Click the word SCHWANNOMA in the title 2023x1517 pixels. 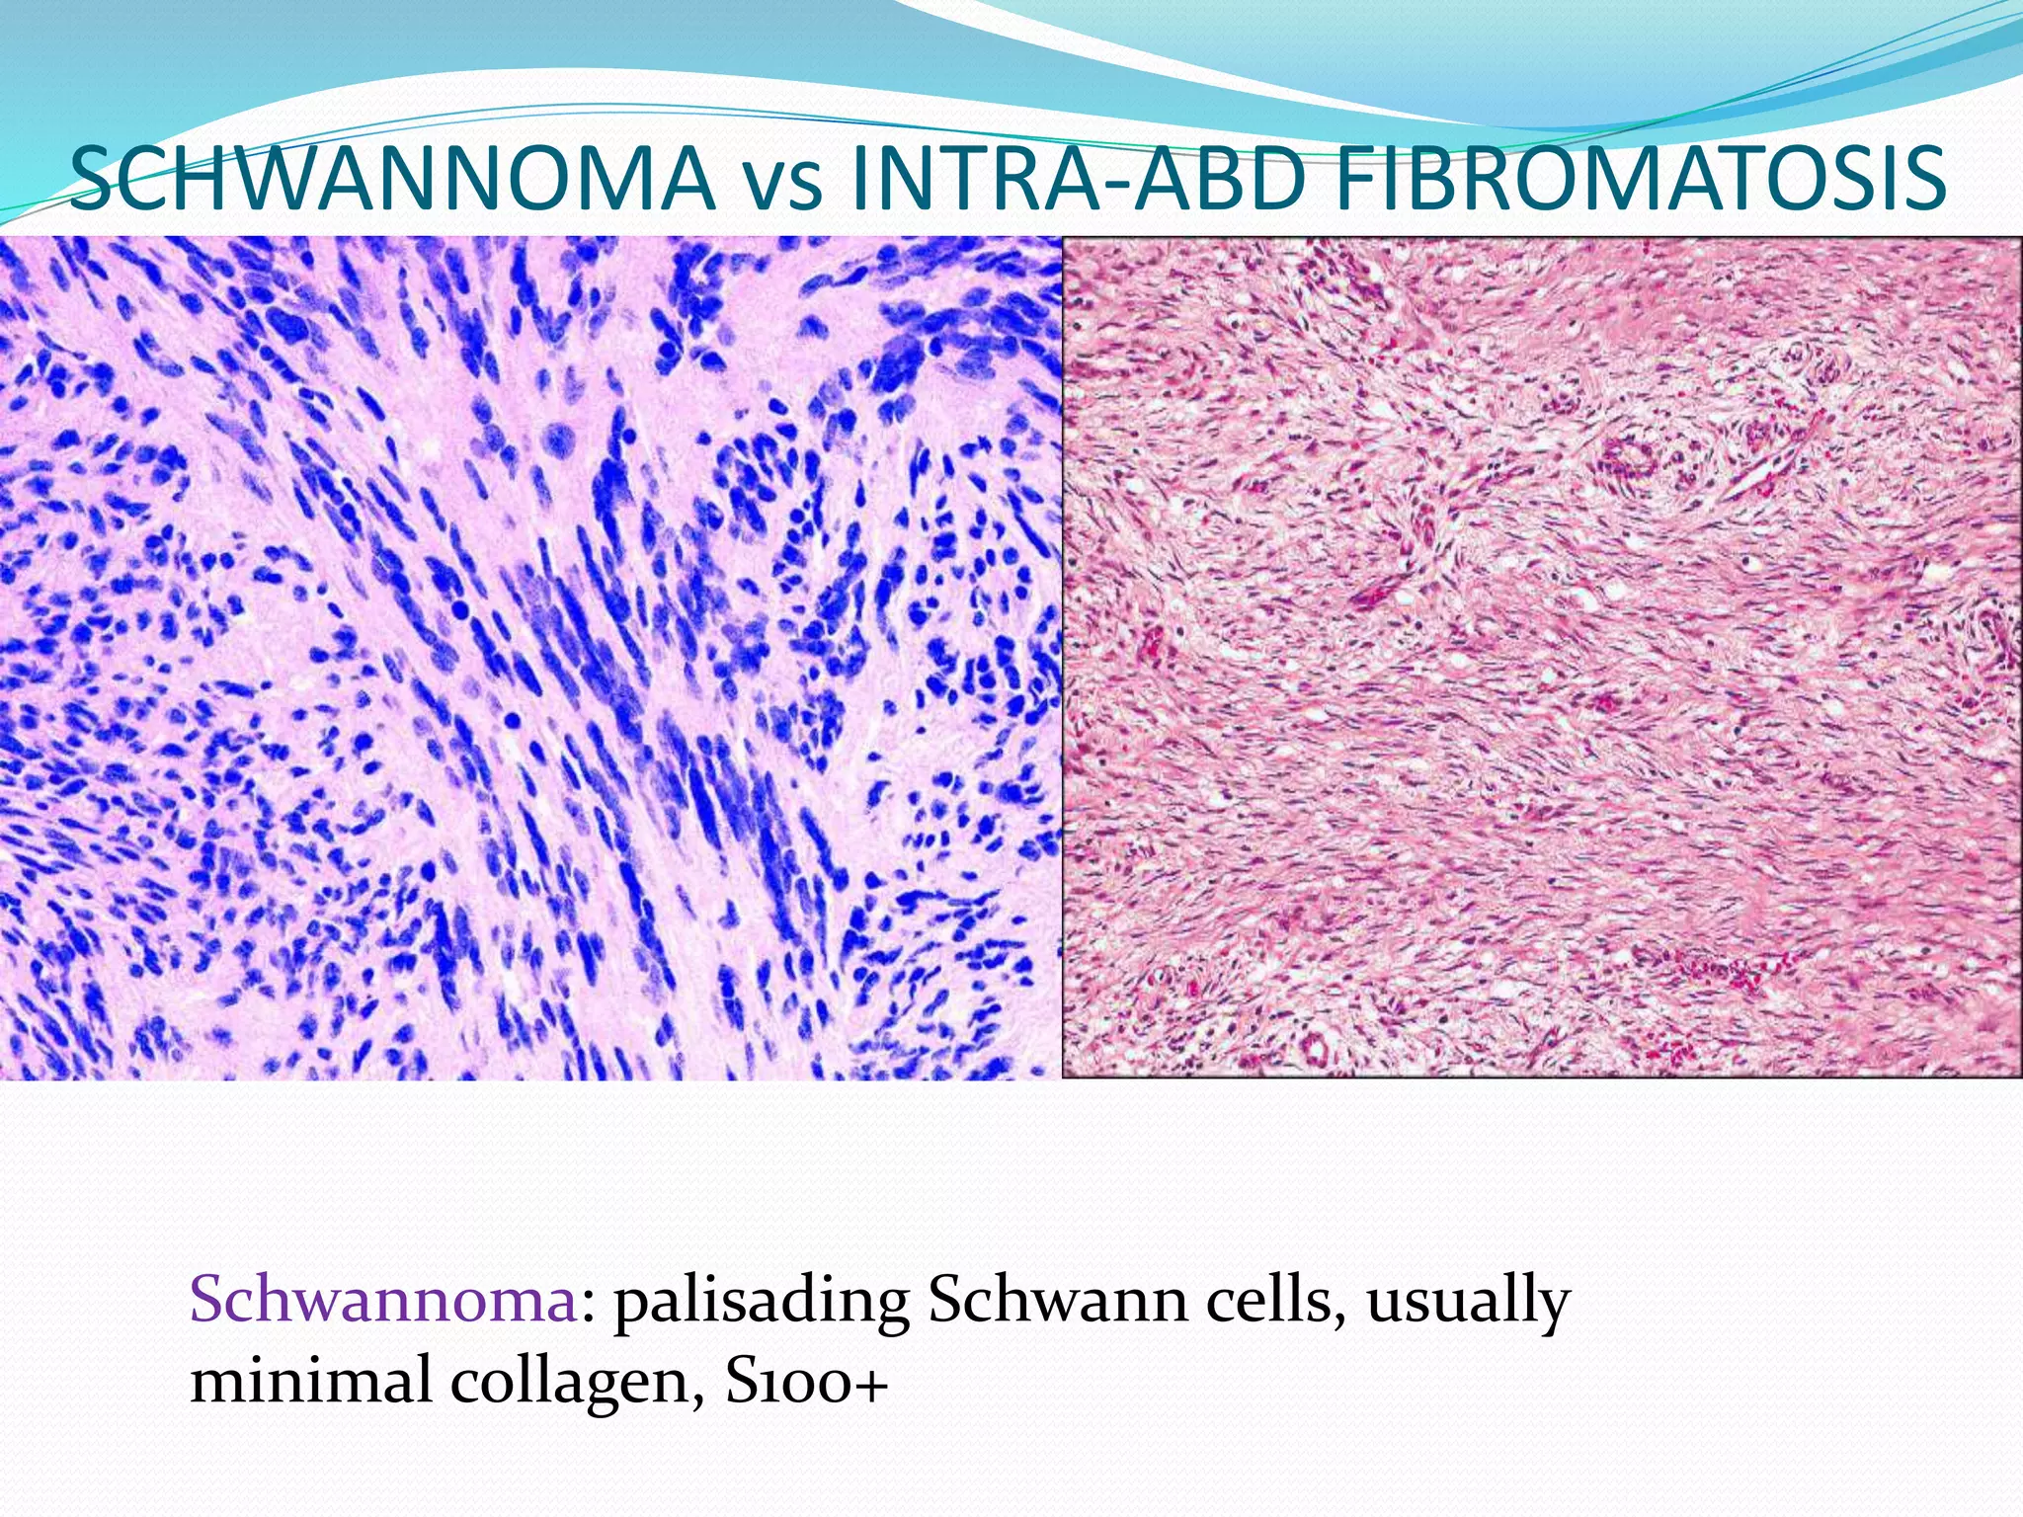coord(392,180)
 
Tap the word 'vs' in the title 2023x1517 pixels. coord(781,185)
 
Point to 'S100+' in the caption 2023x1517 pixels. coord(806,1381)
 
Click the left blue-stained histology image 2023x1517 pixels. coord(529,657)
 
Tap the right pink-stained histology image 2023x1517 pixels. coord(1542,657)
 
